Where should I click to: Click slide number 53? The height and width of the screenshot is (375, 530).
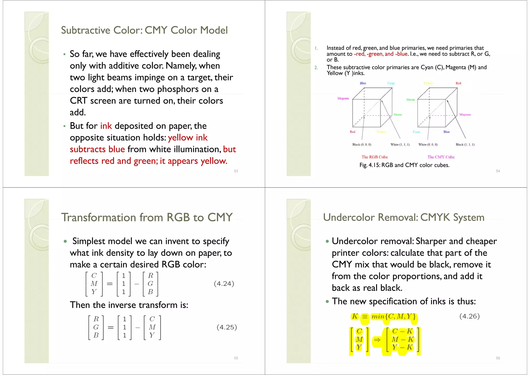tap(236, 171)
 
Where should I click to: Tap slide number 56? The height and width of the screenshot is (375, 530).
tap(498, 358)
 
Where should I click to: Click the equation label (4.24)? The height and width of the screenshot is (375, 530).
tap(224, 284)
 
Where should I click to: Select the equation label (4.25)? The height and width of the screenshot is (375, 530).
tap(227, 327)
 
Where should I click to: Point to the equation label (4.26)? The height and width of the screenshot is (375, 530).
tap(469, 316)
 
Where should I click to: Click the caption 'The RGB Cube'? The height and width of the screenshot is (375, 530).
tap(374, 157)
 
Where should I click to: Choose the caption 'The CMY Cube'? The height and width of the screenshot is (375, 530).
tap(441, 157)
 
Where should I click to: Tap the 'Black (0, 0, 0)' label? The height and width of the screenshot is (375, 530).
tap(362, 145)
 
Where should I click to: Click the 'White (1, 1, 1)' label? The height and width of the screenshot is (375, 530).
tap(400, 145)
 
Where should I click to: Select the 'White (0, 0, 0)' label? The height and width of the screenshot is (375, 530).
tap(428, 145)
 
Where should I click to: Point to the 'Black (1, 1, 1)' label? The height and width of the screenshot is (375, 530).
tap(465, 145)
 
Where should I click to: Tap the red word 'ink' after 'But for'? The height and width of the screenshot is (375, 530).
tap(106, 126)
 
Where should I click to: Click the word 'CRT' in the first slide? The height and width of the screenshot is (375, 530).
tap(78, 101)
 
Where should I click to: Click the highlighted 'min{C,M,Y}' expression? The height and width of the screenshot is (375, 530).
tap(393, 316)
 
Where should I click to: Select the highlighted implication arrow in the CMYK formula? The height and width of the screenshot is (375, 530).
tap(377, 340)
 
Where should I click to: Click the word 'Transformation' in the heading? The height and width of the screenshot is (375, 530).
tap(99, 217)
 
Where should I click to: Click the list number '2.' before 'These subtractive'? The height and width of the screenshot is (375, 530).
tap(316, 68)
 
